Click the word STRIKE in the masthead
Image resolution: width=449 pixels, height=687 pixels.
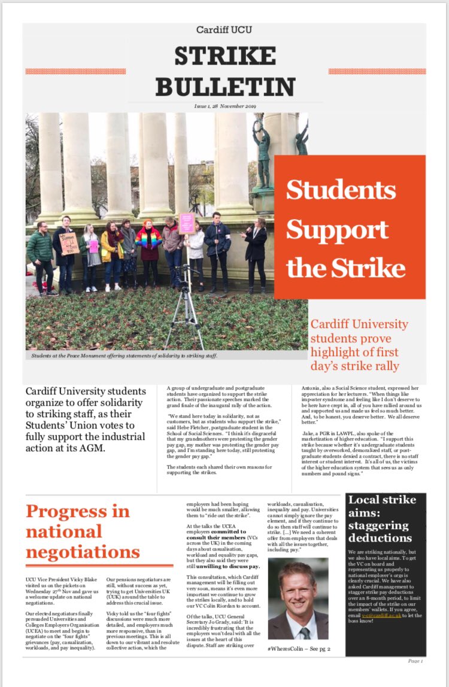[x=225, y=57]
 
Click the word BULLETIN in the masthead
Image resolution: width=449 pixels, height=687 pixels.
[x=225, y=87]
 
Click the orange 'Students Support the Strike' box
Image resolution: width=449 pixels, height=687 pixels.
[x=350, y=227]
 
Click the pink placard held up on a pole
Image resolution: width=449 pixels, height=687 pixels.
[x=187, y=222]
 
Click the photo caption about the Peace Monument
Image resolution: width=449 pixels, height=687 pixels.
[x=125, y=355]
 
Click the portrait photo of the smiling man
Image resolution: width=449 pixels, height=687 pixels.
[x=298, y=598]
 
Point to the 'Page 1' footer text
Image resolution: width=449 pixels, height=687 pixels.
[x=415, y=661]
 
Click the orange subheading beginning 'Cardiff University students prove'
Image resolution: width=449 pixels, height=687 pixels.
[x=359, y=345]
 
